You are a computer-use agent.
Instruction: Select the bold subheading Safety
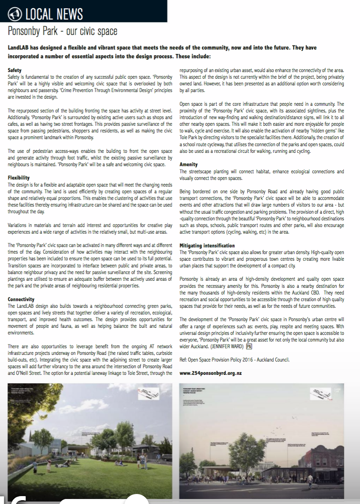pyautogui.click(x=15, y=70)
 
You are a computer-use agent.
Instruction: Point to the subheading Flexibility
pyautogui.click(x=19, y=177)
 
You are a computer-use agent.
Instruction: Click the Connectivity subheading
pyautogui.click(x=21, y=299)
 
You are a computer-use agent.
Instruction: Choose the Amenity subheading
pyautogui.click(x=189, y=165)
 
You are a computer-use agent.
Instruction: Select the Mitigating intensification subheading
pyautogui.click(x=207, y=246)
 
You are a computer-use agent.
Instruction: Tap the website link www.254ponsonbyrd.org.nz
pyautogui.click(x=210, y=373)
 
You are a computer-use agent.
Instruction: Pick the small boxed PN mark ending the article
pyautogui.click(x=249, y=346)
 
